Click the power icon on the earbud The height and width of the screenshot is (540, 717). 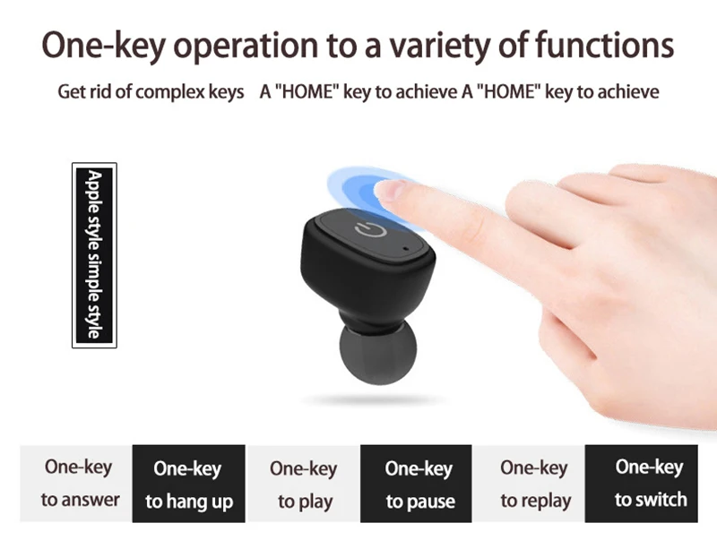click(371, 229)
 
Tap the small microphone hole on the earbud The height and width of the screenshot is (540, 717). click(406, 249)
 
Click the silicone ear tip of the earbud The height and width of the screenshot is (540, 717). click(377, 353)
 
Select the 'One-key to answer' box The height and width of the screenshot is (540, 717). click(76, 484)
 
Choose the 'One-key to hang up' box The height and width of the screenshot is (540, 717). click(189, 484)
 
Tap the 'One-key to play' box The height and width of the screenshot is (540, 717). click(303, 484)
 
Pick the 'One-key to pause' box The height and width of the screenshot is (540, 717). click(416, 484)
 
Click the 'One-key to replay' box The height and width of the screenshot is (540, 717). click(529, 484)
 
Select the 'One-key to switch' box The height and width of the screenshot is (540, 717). click(642, 484)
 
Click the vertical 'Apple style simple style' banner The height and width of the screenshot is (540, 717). click(94, 255)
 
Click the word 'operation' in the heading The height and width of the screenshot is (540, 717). click(246, 47)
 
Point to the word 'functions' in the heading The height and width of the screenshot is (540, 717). click(604, 45)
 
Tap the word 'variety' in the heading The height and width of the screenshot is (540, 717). click(437, 47)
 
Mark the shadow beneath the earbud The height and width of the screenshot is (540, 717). click(373, 400)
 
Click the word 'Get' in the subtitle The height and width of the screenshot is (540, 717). click(72, 91)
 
